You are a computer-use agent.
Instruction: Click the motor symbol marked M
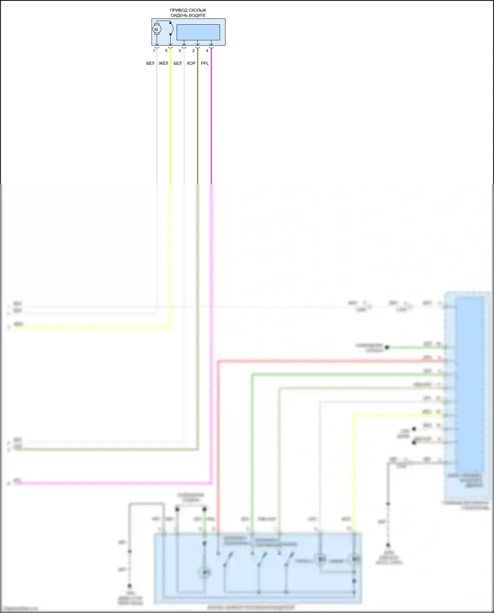pos(156,30)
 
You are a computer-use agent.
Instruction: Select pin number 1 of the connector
pos(154,51)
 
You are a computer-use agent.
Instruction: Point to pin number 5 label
pos(166,51)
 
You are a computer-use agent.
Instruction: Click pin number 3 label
pos(180,51)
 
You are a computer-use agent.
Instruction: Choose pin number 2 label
pos(193,51)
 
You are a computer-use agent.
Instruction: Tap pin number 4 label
pos(207,51)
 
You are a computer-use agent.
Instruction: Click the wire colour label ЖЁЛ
pos(163,63)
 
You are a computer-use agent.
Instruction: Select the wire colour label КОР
pos(191,63)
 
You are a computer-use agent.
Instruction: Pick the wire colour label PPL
pos(205,63)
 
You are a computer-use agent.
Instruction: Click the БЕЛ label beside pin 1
pos(150,63)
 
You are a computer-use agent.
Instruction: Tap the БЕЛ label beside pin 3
pos(178,63)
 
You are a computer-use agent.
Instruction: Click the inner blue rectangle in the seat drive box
pos(198,32)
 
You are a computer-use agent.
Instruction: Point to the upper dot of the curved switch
pos(170,23)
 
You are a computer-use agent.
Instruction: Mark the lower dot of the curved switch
pos(170,34)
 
